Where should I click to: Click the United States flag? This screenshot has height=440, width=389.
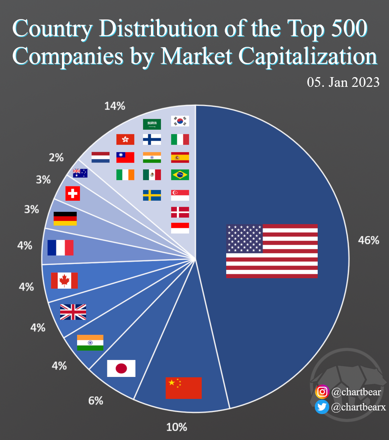pyautogui.click(x=272, y=251)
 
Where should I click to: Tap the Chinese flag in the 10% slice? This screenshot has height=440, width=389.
pyautogui.click(x=183, y=388)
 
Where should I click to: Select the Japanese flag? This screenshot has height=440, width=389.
pyautogui.click(x=121, y=368)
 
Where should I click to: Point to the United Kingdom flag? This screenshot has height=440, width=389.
pyautogui.click(x=73, y=312)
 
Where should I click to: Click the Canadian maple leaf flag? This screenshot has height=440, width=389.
pyautogui.click(x=64, y=280)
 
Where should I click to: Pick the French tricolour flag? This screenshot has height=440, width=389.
pyautogui.click(x=60, y=248)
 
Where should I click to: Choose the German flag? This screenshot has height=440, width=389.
pyautogui.click(x=65, y=219)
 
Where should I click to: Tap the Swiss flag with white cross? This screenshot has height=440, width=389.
pyautogui.click(x=72, y=194)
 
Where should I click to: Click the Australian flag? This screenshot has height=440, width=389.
pyautogui.click(x=80, y=173)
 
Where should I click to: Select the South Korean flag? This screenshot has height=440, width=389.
pyautogui.click(x=180, y=121)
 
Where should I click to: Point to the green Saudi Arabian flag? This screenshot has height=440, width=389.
pyautogui.click(x=152, y=124)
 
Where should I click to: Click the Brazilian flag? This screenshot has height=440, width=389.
pyautogui.click(x=180, y=175)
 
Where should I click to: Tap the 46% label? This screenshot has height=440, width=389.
pyautogui.click(x=368, y=240)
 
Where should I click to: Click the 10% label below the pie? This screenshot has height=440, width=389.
pyautogui.click(x=176, y=427)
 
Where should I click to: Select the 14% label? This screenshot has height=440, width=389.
pyautogui.click(x=115, y=106)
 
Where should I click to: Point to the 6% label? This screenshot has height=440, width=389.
pyautogui.click(x=96, y=400)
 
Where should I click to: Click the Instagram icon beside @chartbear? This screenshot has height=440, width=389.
pyautogui.click(x=322, y=392)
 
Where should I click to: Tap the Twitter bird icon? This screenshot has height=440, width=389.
pyautogui.click(x=322, y=407)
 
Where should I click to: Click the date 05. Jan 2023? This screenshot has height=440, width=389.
pyautogui.click(x=343, y=83)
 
